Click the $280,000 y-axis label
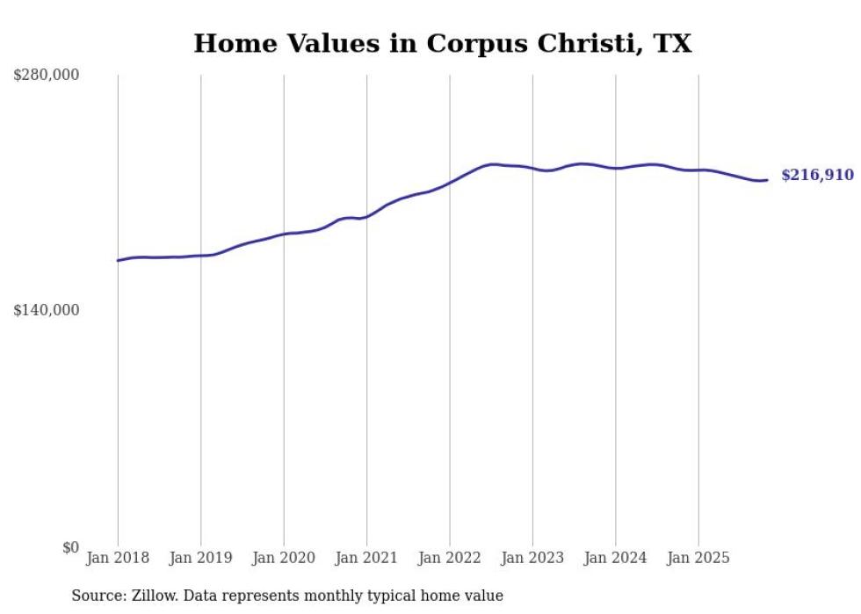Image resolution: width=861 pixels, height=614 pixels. point(46,76)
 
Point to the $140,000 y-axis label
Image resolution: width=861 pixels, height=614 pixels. point(46,310)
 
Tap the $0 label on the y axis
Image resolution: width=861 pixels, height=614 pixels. point(70,547)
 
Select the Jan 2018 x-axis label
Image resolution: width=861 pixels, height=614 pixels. point(118,558)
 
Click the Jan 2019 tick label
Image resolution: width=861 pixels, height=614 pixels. point(200,558)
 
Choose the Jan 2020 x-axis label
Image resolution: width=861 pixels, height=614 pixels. point(284,558)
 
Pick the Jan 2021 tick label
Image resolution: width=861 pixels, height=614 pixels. point(366,558)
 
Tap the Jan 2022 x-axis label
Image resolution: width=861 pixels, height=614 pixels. point(450,558)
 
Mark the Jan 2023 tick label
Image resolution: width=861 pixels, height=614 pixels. point(532,558)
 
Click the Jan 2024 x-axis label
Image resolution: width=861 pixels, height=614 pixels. point(615,558)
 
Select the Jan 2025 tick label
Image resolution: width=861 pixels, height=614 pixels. point(698,558)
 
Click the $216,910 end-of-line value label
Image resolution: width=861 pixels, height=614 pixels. point(817,176)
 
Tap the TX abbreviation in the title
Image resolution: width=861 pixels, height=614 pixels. point(672,44)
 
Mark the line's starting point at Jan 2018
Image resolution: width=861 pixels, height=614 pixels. point(118,261)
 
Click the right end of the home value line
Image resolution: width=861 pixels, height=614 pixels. point(767,180)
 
